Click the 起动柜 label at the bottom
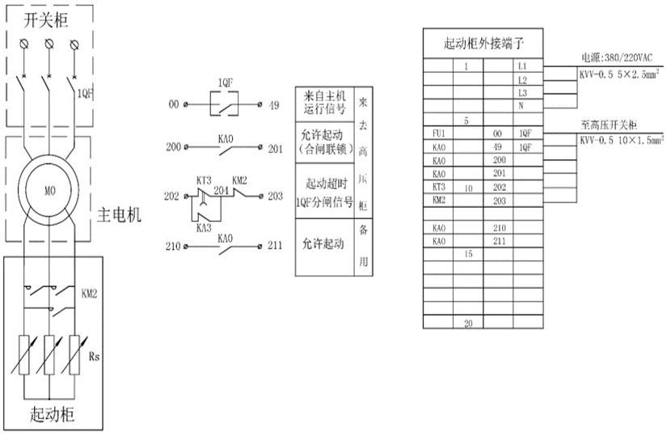[x=53, y=416]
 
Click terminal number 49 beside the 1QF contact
[x=275, y=104]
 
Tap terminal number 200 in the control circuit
[x=174, y=148]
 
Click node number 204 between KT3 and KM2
[x=220, y=191]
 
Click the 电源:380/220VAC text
[x=616, y=58]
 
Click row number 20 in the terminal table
[x=467, y=323]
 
